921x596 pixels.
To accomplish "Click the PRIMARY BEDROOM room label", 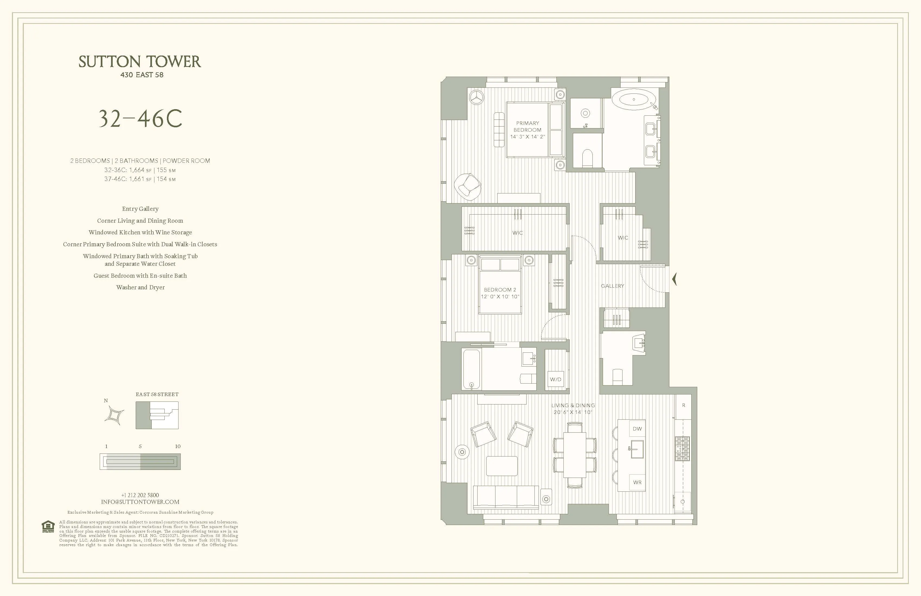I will (527, 127).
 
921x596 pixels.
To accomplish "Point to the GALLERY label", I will (612, 286).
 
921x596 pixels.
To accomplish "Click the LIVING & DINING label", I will (573, 406).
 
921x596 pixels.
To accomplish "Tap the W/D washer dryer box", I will (555, 379).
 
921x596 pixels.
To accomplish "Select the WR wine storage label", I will (637, 482).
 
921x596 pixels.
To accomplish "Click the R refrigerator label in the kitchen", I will (683, 405).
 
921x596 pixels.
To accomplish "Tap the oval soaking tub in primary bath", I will (634, 99).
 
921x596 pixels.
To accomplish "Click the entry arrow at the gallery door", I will (674, 279).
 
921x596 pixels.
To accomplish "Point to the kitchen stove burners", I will (682, 449).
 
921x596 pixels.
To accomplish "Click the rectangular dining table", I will (575, 455).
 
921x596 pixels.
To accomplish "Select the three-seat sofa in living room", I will (506, 497).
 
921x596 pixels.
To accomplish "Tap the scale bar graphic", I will (140, 462).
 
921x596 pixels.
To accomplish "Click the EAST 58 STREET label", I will (157, 394).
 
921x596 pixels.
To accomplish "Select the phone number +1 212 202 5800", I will (140, 495).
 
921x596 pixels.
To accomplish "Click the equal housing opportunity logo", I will (48, 527).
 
